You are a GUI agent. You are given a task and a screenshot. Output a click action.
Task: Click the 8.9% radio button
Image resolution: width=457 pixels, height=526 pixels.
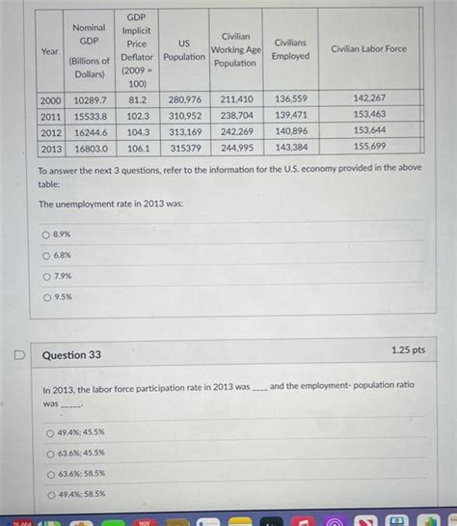click(44, 235)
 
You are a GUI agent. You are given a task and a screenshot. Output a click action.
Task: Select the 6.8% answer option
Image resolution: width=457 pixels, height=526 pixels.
click(44, 255)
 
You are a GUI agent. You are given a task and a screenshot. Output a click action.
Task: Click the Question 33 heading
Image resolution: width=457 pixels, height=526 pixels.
click(71, 355)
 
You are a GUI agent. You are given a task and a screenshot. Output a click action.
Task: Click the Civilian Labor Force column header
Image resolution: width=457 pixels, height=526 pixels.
click(368, 48)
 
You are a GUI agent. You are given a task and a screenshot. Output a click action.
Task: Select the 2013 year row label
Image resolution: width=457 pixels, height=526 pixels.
click(50, 148)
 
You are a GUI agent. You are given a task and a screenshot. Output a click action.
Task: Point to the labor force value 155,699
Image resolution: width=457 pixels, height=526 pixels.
click(369, 147)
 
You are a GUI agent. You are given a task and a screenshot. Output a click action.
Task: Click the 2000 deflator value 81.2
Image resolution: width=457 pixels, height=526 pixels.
click(137, 99)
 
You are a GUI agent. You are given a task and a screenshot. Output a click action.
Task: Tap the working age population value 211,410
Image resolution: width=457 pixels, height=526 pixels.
click(236, 99)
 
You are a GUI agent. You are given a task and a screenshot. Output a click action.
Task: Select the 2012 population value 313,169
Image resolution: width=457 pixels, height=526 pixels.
click(184, 131)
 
